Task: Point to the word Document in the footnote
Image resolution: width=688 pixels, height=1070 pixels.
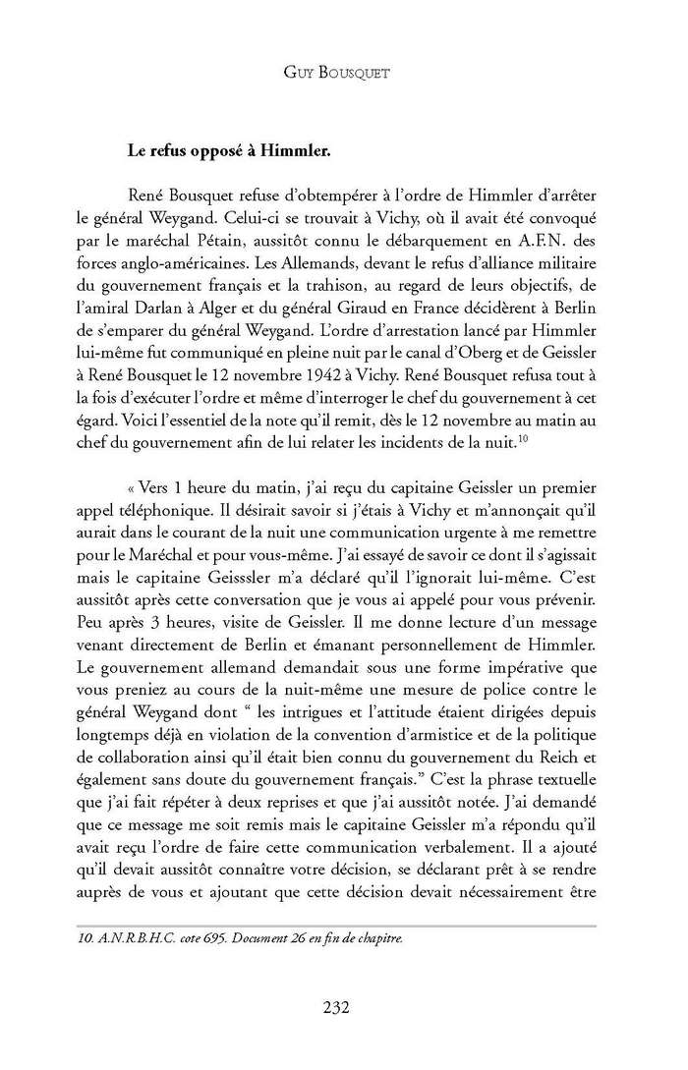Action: point(222,935)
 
